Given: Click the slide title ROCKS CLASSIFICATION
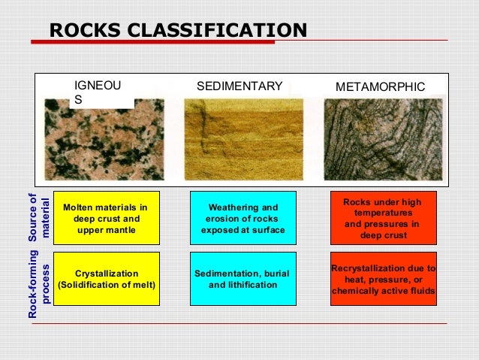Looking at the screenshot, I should click(178, 31).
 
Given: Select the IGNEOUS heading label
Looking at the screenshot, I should click(97, 92).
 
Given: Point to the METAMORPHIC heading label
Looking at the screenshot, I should click(380, 87).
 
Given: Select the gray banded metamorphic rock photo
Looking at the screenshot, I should click(381, 138).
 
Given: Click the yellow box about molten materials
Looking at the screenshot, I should click(105, 218).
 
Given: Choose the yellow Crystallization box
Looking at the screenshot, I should click(105, 279).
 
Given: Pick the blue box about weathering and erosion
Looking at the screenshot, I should click(243, 218).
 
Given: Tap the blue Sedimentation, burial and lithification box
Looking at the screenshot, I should click(243, 279).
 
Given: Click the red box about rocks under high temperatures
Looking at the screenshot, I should click(383, 218).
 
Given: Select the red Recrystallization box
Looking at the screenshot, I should click(383, 279).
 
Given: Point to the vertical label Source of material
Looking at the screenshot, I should click(38, 217).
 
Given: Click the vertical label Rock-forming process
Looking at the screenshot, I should click(38, 285).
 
